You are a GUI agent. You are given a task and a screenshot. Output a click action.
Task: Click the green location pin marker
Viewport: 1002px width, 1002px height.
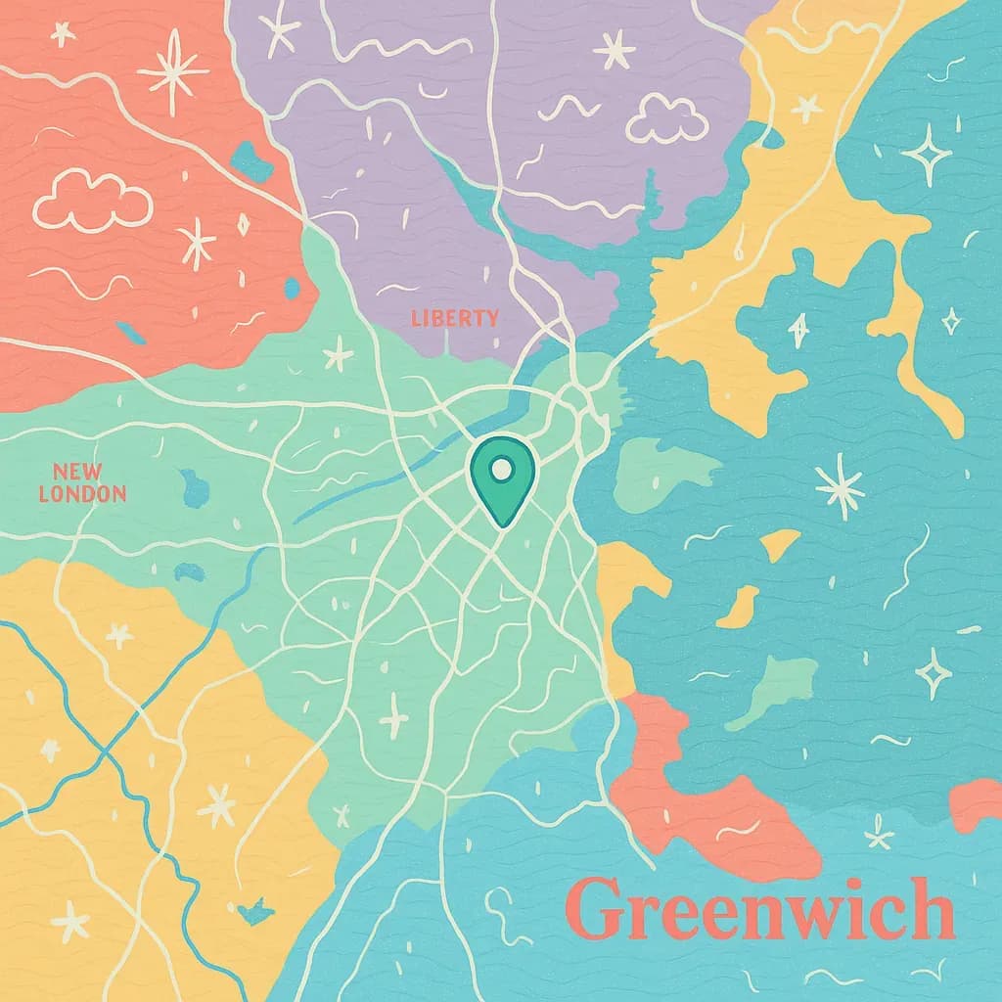[x=502, y=480]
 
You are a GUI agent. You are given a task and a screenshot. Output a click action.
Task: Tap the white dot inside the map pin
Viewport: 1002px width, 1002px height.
[x=502, y=470]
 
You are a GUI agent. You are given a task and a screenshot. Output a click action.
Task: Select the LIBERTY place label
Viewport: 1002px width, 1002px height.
[x=454, y=318]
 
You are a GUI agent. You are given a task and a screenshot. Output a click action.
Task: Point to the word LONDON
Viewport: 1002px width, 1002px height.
[x=82, y=494]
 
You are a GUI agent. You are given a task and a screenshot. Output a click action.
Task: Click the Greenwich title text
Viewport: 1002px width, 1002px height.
[x=759, y=910]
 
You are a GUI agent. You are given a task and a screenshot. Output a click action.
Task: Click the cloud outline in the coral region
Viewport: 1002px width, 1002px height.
[x=93, y=201]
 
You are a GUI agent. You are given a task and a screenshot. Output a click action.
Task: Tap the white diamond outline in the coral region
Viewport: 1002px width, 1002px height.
[x=243, y=224]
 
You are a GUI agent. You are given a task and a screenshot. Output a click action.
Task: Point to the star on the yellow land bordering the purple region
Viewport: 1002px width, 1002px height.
[x=806, y=108]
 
